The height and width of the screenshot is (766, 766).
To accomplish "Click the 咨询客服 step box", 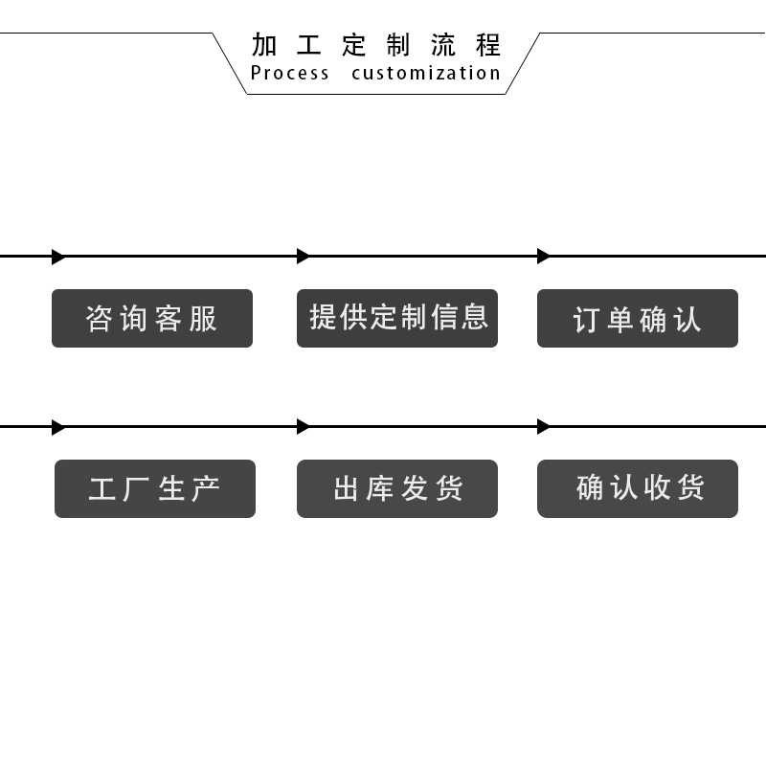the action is point(152,318).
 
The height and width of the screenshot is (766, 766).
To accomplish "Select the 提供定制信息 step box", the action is point(397,318).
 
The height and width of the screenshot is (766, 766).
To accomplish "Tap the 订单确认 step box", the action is point(638,318).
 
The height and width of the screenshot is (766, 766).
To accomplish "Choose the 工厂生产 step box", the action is point(155,488).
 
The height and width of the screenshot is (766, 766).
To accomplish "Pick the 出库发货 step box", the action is point(397,488).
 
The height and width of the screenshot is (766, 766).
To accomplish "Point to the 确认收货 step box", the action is point(638,488).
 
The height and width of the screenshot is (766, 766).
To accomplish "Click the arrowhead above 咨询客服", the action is point(58,257).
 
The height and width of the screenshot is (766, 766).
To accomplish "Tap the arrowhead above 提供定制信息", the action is point(303,256).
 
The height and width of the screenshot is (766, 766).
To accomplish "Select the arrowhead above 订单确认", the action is point(543,256).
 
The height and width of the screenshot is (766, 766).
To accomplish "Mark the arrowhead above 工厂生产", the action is point(58,427).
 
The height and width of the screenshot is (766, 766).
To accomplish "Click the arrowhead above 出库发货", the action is point(303,426).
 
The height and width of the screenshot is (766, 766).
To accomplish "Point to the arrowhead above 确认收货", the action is point(543,426).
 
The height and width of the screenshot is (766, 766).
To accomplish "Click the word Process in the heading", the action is point(290,74).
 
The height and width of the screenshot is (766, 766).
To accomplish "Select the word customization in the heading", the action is point(426,74).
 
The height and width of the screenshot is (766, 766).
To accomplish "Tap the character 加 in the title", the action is point(264,45).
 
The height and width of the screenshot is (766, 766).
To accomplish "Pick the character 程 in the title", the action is point(488,45).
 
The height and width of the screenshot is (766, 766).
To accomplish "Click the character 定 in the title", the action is point(353,45).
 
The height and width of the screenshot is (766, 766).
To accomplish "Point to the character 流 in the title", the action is point(443,45).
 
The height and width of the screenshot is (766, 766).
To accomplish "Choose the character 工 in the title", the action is point(308,45).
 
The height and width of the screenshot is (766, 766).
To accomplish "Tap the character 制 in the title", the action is point(398,45).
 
